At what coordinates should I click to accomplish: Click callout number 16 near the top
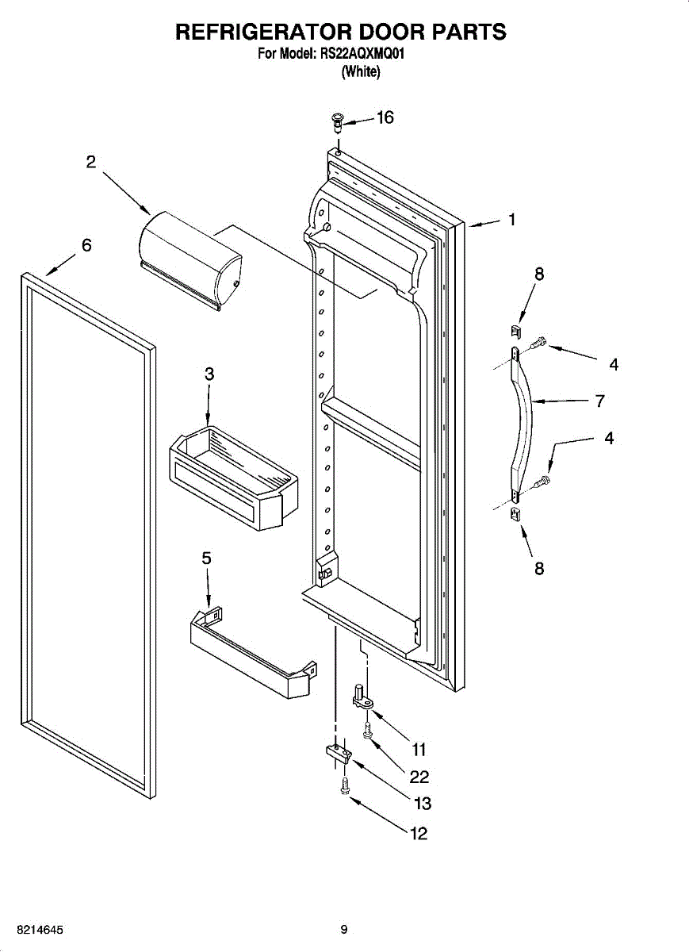(385, 117)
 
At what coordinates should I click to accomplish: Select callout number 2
(91, 162)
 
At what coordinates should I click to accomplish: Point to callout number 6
(86, 245)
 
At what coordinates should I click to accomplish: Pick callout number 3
(209, 374)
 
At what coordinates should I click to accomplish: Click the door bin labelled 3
(235, 476)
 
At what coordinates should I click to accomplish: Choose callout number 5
(206, 559)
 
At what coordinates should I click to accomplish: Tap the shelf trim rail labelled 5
(250, 651)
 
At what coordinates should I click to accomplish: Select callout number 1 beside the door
(512, 220)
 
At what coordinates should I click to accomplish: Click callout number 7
(600, 401)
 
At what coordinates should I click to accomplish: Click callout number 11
(419, 749)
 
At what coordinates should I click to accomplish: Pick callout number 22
(419, 777)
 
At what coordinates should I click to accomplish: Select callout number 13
(423, 804)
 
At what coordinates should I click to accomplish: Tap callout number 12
(418, 833)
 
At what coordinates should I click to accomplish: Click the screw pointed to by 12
(344, 786)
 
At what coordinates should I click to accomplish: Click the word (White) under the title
(361, 72)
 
